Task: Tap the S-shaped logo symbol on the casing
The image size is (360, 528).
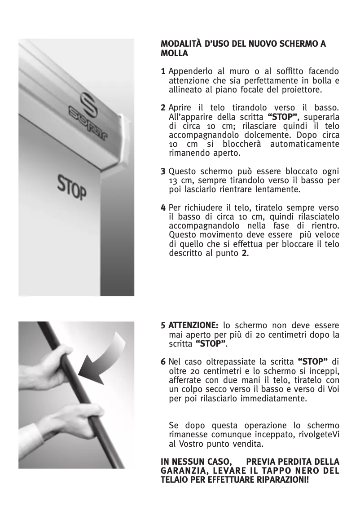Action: coord(88,103)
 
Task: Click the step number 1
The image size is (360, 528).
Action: coord(163,72)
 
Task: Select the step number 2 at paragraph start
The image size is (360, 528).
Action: coord(163,109)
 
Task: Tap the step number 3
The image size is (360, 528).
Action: coord(163,172)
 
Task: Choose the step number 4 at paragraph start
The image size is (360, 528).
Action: coord(163,208)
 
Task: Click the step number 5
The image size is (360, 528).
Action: coord(163,326)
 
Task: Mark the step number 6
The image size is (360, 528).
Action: coord(163,362)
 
